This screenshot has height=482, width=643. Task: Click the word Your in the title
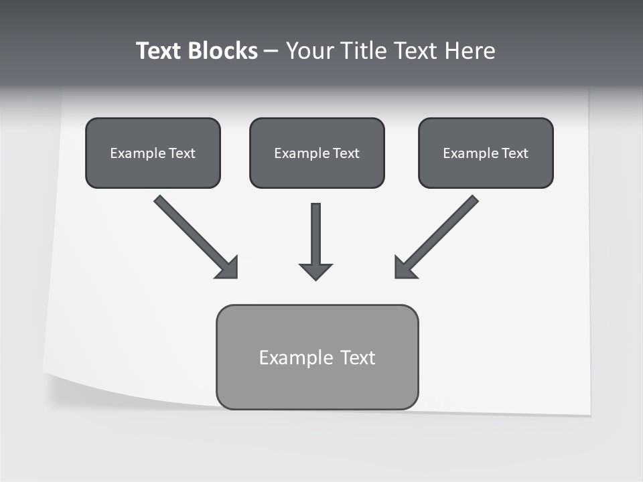pos(308,51)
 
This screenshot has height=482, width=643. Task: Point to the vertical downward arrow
pos(315,231)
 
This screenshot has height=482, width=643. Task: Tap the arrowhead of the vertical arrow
pos(315,271)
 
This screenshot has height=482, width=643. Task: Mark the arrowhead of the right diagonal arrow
pos(405,268)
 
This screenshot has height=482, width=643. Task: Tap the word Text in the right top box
pos(515,153)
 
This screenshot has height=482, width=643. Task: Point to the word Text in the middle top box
pos(346,153)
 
